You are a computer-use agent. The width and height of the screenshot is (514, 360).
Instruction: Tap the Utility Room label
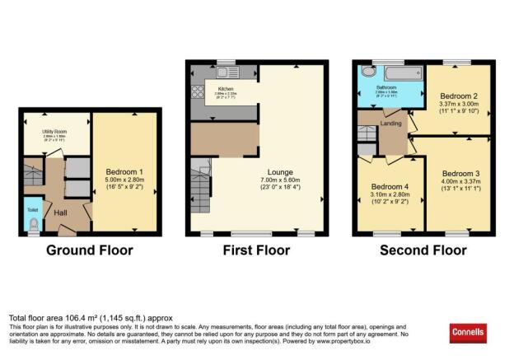54,131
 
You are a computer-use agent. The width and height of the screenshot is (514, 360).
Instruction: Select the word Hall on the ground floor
61,213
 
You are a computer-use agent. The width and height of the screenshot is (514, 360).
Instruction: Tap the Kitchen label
226,88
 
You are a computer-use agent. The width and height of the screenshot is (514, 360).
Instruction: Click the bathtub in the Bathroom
392,72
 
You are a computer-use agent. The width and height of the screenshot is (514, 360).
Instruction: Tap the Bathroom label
388,88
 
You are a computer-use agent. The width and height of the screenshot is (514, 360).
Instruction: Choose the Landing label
390,124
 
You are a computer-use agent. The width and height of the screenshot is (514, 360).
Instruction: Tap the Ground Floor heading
88,250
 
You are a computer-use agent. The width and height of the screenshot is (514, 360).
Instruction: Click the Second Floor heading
422,250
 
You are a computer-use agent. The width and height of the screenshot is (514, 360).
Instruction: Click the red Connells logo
472,331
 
